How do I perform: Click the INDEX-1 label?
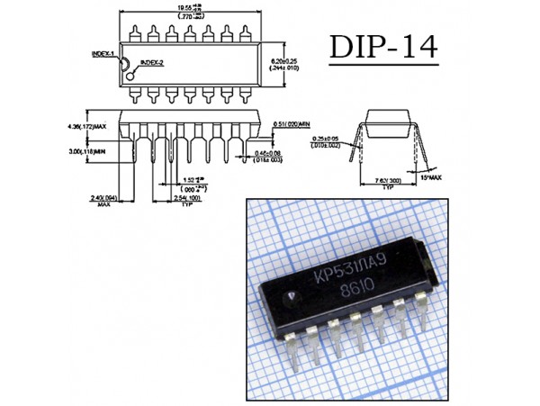pos(103,53)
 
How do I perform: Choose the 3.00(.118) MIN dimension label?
pos(86,152)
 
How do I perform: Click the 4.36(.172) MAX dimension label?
pos(87,125)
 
